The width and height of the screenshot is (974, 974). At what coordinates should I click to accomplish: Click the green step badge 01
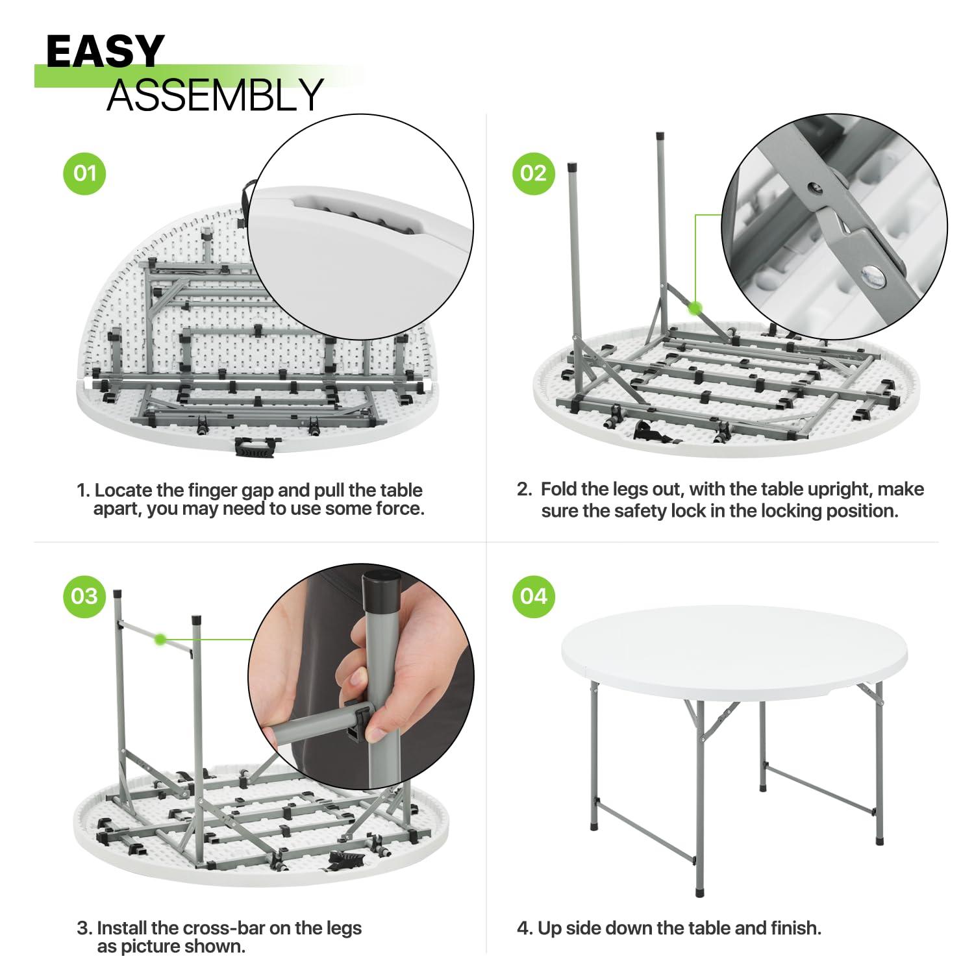(84, 173)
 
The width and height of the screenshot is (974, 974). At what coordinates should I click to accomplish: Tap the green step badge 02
(533, 173)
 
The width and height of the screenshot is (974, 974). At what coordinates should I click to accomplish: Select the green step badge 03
(84, 596)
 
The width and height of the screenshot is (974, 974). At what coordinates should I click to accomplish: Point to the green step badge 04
(533, 596)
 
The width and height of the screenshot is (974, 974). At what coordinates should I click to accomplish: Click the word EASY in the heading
(105, 52)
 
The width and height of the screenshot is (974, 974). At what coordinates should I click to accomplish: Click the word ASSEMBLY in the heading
(215, 95)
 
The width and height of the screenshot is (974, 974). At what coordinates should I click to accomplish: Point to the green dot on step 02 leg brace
(695, 308)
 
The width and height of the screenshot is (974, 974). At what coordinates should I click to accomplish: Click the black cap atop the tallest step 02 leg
(660, 137)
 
